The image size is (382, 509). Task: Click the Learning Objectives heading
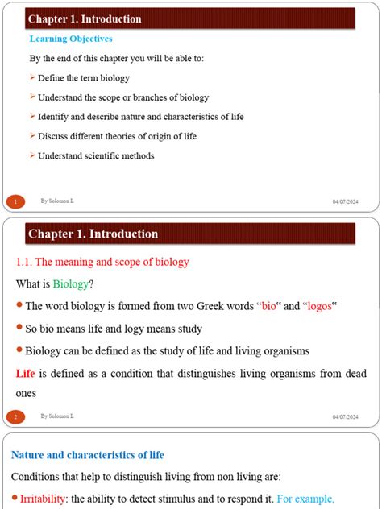(x=71, y=39)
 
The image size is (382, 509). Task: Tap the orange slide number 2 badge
(x=15, y=416)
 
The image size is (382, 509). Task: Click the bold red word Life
(x=26, y=373)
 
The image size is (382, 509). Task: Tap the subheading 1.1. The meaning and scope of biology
(x=102, y=261)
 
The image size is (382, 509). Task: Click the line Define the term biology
(x=84, y=78)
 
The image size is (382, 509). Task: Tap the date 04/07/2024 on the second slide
(x=345, y=416)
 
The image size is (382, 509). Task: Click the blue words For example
(x=305, y=498)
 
